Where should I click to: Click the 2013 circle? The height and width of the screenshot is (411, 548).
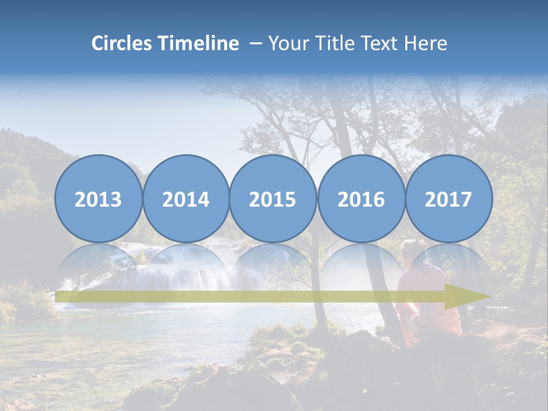click(x=98, y=199)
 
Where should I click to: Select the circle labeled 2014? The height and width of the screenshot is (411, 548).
click(x=186, y=199)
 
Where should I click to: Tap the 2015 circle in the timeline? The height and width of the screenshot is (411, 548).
click(x=273, y=199)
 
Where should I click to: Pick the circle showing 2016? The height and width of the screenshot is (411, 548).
click(x=361, y=199)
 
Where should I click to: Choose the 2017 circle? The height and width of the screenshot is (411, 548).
click(x=449, y=199)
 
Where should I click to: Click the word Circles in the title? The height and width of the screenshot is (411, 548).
click(x=122, y=43)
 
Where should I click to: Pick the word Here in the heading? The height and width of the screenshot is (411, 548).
click(x=426, y=43)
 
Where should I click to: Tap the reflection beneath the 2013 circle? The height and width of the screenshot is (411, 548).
click(x=98, y=263)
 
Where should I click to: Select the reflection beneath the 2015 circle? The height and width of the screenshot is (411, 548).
click(x=273, y=263)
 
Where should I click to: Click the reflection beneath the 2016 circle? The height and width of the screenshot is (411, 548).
click(x=361, y=263)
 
